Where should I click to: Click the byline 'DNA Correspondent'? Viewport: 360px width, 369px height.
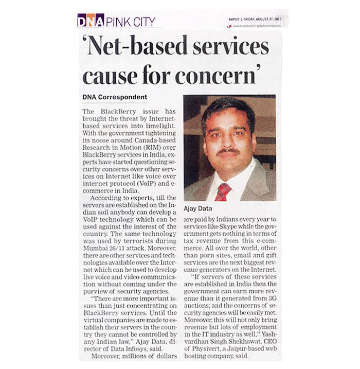point(115,97)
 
